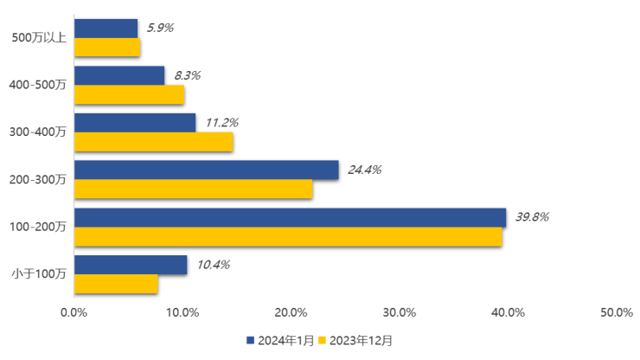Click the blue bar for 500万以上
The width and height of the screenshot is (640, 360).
[x=106, y=29]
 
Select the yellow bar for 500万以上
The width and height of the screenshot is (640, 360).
[x=107, y=48]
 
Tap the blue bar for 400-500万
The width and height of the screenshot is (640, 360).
[x=119, y=76]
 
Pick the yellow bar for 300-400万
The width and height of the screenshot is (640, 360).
[x=154, y=142]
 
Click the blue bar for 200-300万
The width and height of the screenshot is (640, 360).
[x=207, y=170]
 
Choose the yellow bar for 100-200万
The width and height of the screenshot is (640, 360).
[x=288, y=236]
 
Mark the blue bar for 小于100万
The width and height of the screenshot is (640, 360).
[x=131, y=265]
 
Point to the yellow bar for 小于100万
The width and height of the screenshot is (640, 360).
[x=116, y=284]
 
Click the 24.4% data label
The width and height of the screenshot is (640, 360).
[x=364, y=170]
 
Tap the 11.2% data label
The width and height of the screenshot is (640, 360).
[x=221, y=123]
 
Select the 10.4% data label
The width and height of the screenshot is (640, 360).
[x=213, y=265]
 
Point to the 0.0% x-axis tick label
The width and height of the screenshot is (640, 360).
[x=74, y=312]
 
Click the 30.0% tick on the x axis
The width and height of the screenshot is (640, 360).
[x=400, y=312]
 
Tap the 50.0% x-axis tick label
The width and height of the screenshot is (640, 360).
[x=617, y=312]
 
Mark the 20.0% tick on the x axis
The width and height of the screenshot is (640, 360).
[x=291, y=312]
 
